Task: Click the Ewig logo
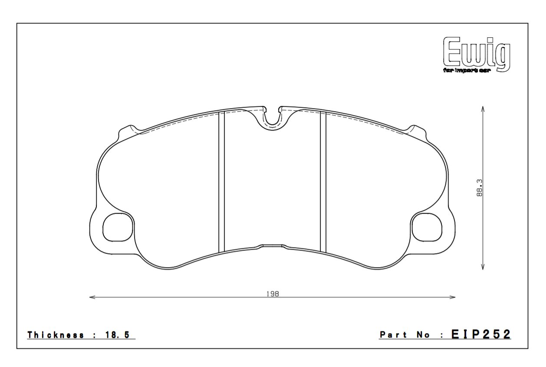(477, 54)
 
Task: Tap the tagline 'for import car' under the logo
(466, 71)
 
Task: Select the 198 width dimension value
(273, 294)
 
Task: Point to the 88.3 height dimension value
(479, 188)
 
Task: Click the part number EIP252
(480, 334)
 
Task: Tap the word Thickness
(56, 335)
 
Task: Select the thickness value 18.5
(117, 335)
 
